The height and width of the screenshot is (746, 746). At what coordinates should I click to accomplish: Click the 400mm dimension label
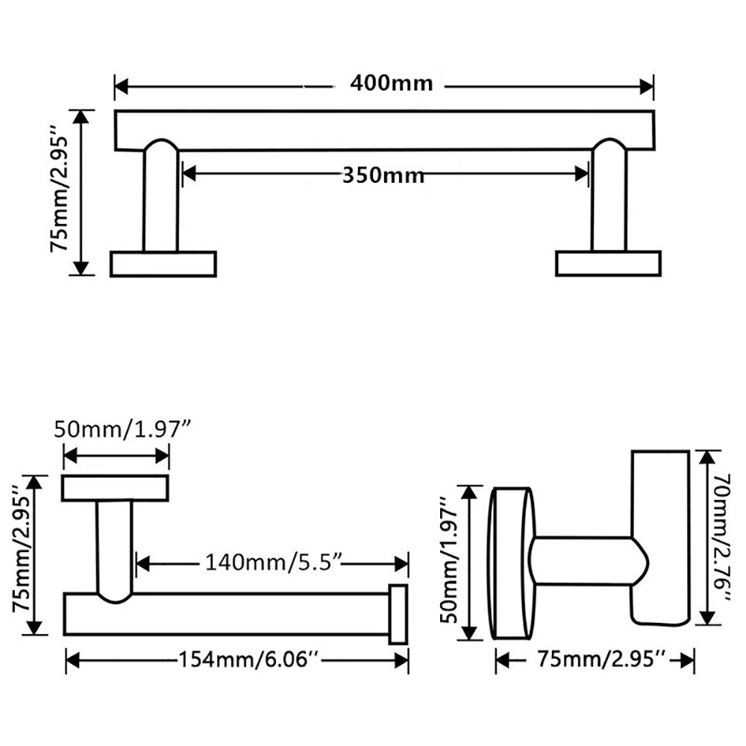(x=391, y=83)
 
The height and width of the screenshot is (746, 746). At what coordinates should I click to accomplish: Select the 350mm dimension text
(x=383, y=175)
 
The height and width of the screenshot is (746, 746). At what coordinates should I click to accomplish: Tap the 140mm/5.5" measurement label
(x=273, y=562)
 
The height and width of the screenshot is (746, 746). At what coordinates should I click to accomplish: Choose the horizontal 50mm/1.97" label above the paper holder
(x=123, y=430)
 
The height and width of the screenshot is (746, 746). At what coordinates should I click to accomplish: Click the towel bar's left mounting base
(x=163, y=264)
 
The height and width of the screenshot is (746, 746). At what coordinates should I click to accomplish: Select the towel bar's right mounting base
(x=608, y=264)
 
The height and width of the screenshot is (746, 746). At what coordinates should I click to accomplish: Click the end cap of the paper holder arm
(x=398, y=614)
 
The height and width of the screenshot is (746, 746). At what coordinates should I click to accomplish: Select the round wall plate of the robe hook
(x=511, y=564)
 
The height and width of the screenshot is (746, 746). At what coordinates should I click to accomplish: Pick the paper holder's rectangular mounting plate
(x=115, y=488)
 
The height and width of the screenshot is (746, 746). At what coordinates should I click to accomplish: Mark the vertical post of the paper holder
(x=115, y=548)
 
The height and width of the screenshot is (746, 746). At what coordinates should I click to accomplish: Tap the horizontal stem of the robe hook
(x=582, y=559)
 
